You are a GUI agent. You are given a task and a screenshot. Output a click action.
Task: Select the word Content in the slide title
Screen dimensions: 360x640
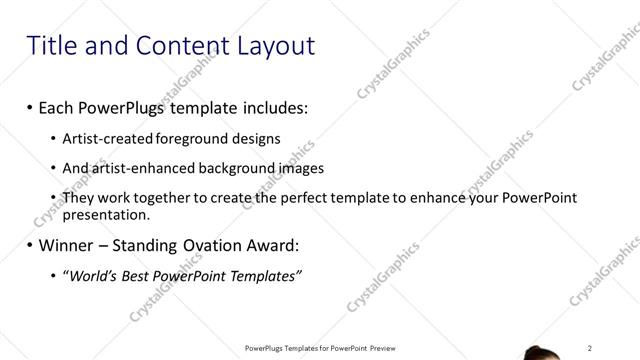click(167, 45)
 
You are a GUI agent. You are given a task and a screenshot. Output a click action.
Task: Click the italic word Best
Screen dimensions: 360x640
click(140, 275)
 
